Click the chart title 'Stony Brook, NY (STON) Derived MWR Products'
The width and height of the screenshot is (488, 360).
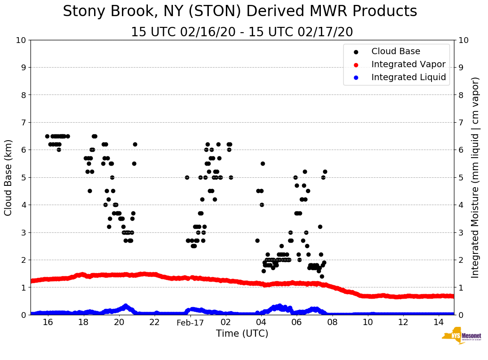point(240,12)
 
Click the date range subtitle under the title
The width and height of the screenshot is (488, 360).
point(242,32)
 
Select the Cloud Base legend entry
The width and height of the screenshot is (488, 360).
point(396,51)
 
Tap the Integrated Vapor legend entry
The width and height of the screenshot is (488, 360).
point(408,64)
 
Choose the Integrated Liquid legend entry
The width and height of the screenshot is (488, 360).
point(408,77)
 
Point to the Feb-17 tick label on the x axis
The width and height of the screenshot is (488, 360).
point(190,322)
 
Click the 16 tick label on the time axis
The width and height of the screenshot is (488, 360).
point(48,322)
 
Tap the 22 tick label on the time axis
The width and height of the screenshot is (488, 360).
point(155,322)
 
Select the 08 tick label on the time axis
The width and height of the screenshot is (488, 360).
point(332,322)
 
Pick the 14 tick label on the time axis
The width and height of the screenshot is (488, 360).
point(439,322)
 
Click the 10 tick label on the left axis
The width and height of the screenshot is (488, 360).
point(21,40)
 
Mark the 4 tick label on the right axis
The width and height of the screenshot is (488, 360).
point(461,205)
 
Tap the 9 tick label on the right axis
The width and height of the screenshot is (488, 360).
point(461,68)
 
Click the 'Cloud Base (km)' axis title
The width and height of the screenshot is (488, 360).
point(9,177)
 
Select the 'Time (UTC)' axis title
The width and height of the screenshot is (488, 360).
point(242,334)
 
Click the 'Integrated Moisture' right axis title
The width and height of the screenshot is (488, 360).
point(475,177)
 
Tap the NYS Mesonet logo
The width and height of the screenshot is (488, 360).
point(461,337)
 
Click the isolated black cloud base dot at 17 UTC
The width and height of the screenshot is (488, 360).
point(68,136)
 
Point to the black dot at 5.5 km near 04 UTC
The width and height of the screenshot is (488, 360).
point(263,163)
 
